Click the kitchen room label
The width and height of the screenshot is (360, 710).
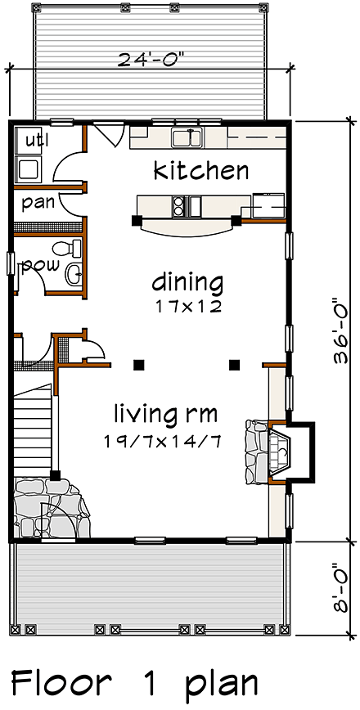[201, 171]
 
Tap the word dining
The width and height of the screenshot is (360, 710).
[187, 283]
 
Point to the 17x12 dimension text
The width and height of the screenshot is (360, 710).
[187, 308]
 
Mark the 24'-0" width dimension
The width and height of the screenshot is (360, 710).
[151, 59]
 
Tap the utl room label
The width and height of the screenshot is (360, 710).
[35, 140]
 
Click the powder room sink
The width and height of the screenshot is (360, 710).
[74, 273]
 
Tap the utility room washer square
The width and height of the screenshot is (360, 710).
[29, 169]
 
